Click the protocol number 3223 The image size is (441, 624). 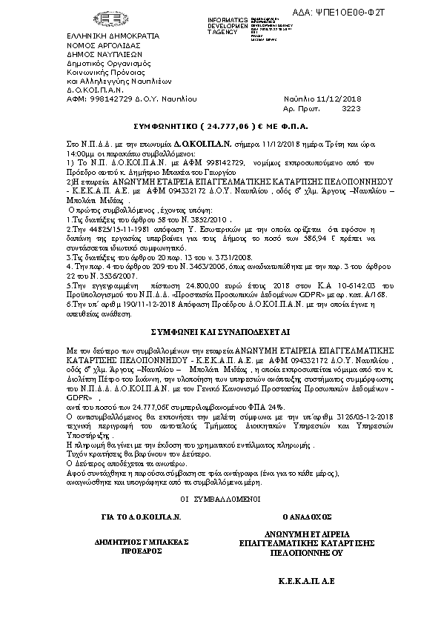point(350,107)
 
